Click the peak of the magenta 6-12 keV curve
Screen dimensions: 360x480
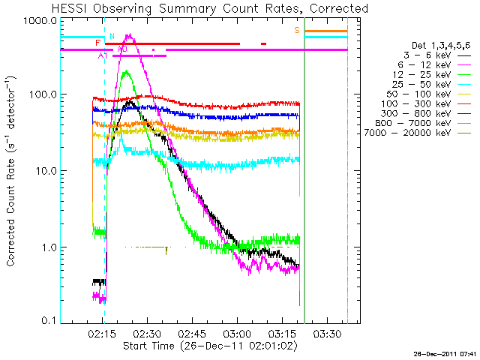(130, 34)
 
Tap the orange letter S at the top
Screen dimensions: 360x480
(297, 30)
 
